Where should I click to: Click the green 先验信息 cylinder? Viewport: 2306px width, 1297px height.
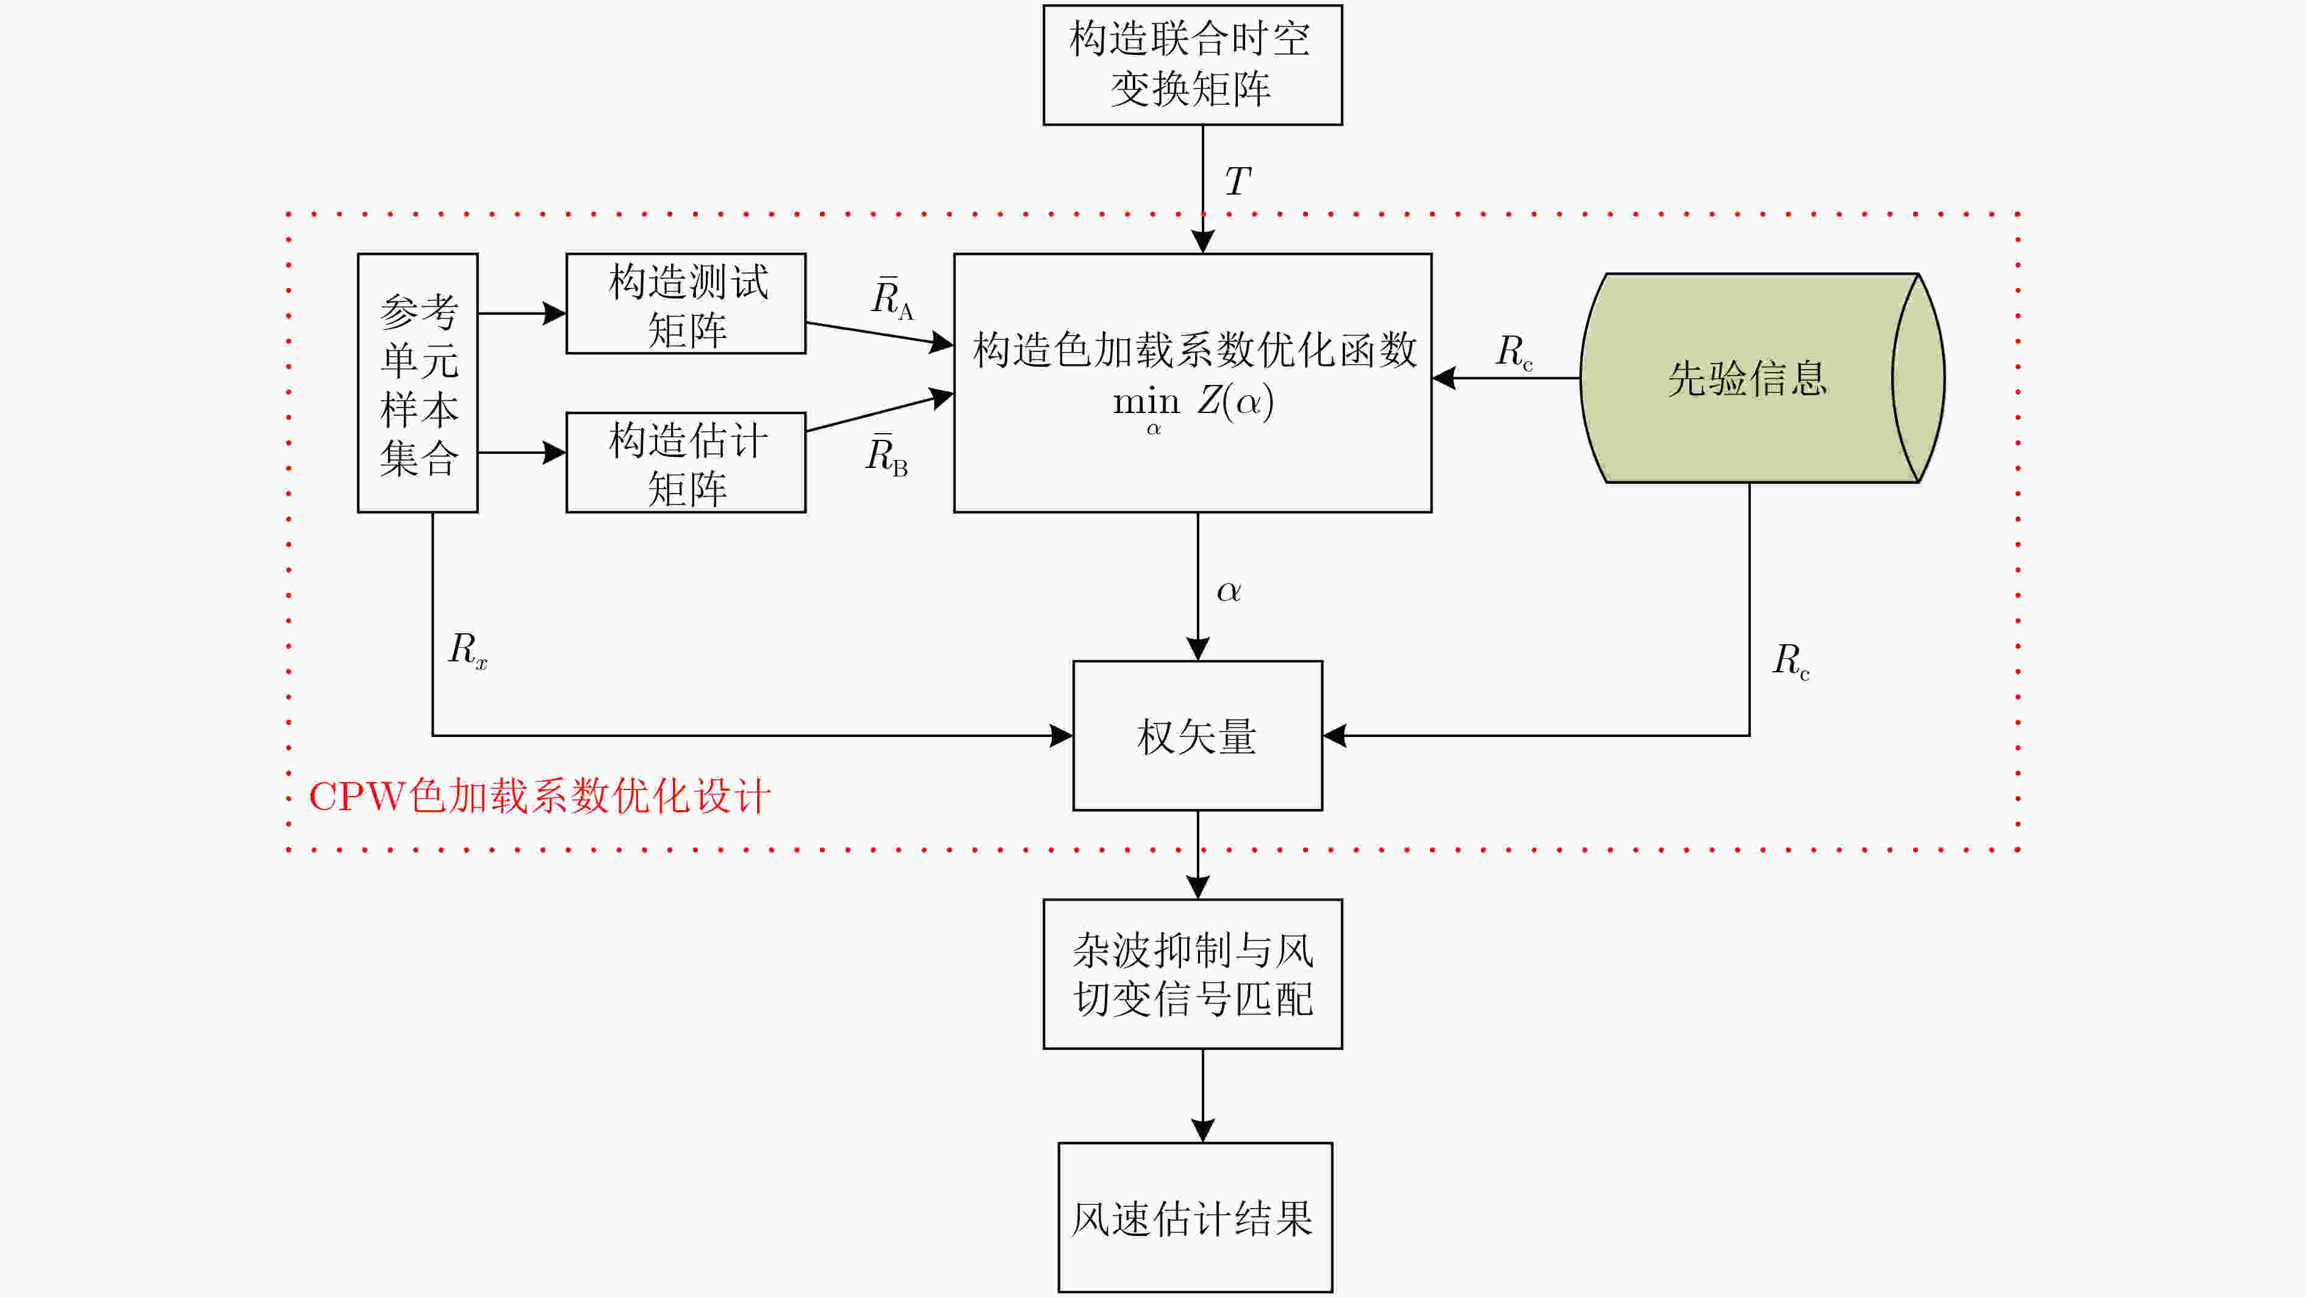(1762, 378)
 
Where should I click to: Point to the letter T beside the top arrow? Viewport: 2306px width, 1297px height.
(1238, 182)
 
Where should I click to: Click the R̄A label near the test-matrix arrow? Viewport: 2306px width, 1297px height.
(893, 298)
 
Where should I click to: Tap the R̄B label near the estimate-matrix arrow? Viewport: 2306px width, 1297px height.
(887, 454)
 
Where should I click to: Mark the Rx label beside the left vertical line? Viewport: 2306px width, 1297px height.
(467, 650)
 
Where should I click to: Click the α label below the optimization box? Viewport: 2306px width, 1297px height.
(1228, 592)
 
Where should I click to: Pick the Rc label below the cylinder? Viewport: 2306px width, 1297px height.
(1791, 661)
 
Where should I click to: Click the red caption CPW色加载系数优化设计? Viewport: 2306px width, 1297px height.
(539, 796)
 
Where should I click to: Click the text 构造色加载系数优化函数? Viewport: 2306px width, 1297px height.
(1195, 350)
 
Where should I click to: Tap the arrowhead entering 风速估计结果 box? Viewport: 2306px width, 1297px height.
(1202, 1130)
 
